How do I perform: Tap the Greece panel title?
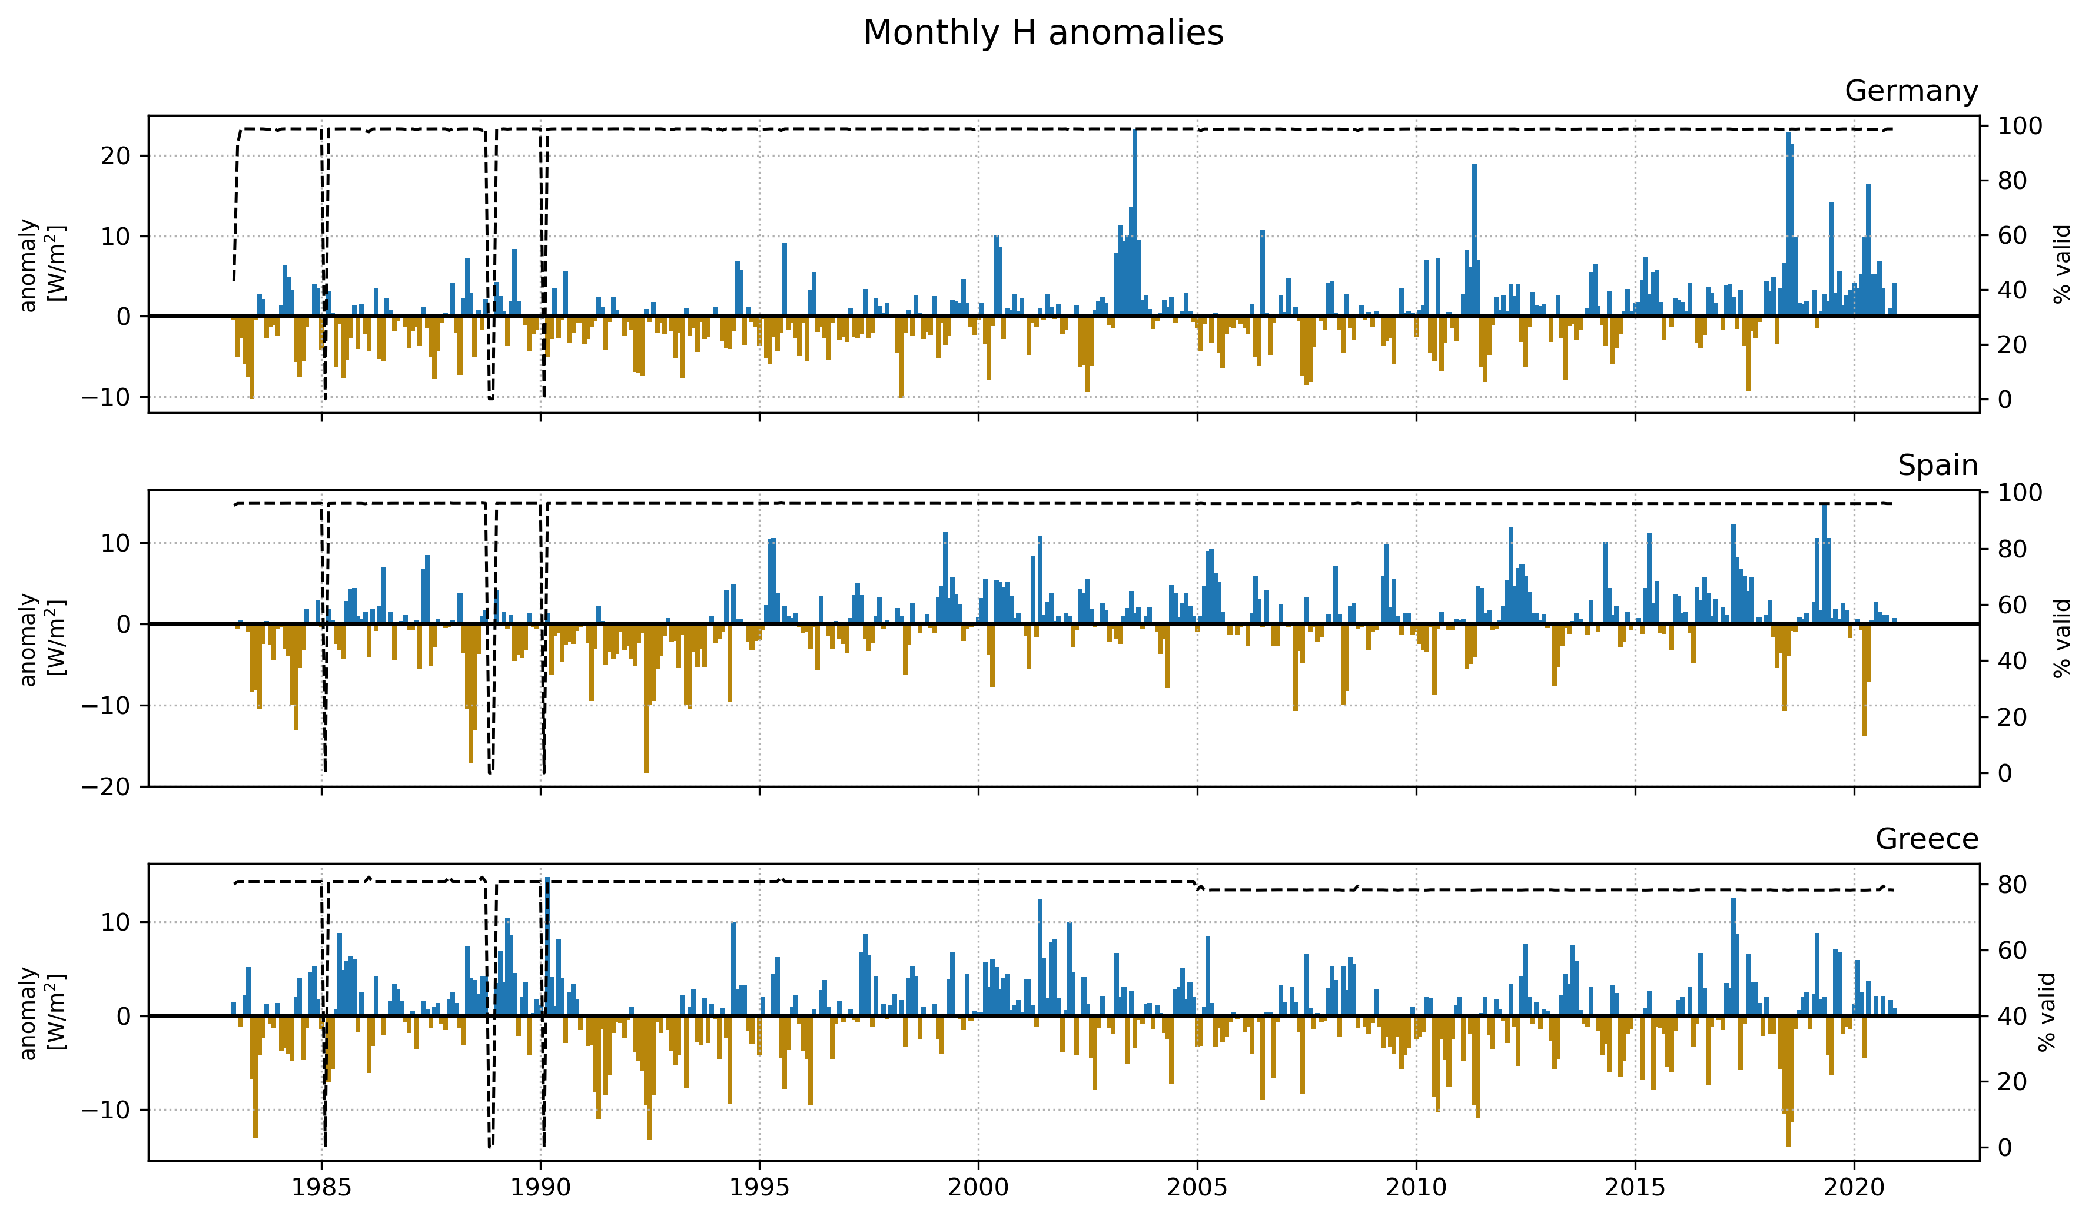[1926, 839]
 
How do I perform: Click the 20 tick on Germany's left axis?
[115, 156]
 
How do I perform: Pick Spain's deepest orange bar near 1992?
[646, 697]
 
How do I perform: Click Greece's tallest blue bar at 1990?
[547, 946]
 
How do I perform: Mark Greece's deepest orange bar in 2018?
[1787, 1080]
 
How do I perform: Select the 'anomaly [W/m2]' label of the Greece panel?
[42, 1012]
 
